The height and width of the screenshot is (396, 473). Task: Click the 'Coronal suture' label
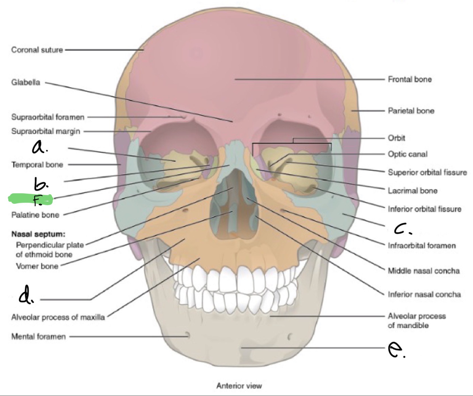coord(37,50)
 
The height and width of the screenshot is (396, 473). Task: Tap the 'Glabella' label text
coord(26,82)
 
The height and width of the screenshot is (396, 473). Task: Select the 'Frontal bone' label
coord(410,79)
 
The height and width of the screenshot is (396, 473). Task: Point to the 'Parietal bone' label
coord(411,111)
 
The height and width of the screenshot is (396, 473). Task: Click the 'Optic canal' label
coord(407,154)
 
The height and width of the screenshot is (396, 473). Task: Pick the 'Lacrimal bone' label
coord(413,191)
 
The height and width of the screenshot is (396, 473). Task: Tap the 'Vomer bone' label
coord(37,266)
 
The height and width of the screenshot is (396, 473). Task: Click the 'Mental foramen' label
coord(39,337)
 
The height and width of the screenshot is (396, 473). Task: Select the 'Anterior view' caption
coord(239,386)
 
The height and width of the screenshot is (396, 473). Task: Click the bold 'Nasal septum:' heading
coord(38,234)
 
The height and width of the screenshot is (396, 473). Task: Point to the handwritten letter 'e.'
coord(396,350)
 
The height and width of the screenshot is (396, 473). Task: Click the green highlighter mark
coord(31,199)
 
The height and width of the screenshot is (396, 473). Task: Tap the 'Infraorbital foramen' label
coord(422,246)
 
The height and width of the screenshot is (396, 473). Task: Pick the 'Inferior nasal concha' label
coord(424,295)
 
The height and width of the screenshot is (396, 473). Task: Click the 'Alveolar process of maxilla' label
coord(58,317)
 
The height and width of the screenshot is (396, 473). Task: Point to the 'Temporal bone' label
coord(37,165)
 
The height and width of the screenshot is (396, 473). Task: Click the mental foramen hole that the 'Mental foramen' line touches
coord(187,335)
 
